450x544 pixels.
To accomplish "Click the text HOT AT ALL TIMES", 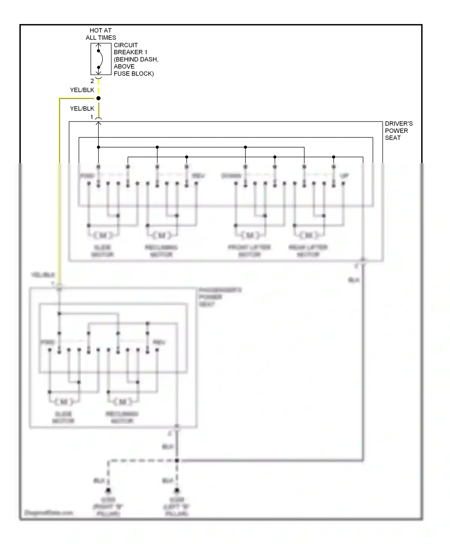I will tap(100, 34).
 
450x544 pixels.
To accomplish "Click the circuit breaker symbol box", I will tap(101, 59).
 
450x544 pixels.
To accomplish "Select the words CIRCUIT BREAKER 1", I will tap(130, 49).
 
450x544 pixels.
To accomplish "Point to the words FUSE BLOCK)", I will tap(133, 74).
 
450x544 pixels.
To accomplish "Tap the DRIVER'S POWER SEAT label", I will tap(398, 131).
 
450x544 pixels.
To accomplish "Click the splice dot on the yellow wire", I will tap(98, 98).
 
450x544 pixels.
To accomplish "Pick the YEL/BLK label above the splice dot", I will tap(82, 90).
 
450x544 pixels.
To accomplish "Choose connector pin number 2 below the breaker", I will tap(92, 81).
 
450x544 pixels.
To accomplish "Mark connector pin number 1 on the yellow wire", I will tap(92, 117).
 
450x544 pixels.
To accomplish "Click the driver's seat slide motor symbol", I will tap(103, 235).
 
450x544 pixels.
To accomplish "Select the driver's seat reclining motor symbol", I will tap(162, 235).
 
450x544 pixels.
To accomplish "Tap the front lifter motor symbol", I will tap(250, 235).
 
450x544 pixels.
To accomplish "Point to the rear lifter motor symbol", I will tap(309, 235).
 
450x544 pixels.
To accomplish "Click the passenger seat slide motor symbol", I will tap(64, 402).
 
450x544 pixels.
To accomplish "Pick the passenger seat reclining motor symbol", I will tap(122, 402).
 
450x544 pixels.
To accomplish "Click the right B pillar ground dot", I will tap(108, 491).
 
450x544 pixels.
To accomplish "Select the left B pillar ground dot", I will tap(177, 491).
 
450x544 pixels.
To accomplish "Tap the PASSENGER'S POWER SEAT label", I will tap(220, 297).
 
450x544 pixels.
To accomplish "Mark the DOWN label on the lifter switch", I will tap(231, 176).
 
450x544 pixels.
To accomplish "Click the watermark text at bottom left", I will tap(49, 513).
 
